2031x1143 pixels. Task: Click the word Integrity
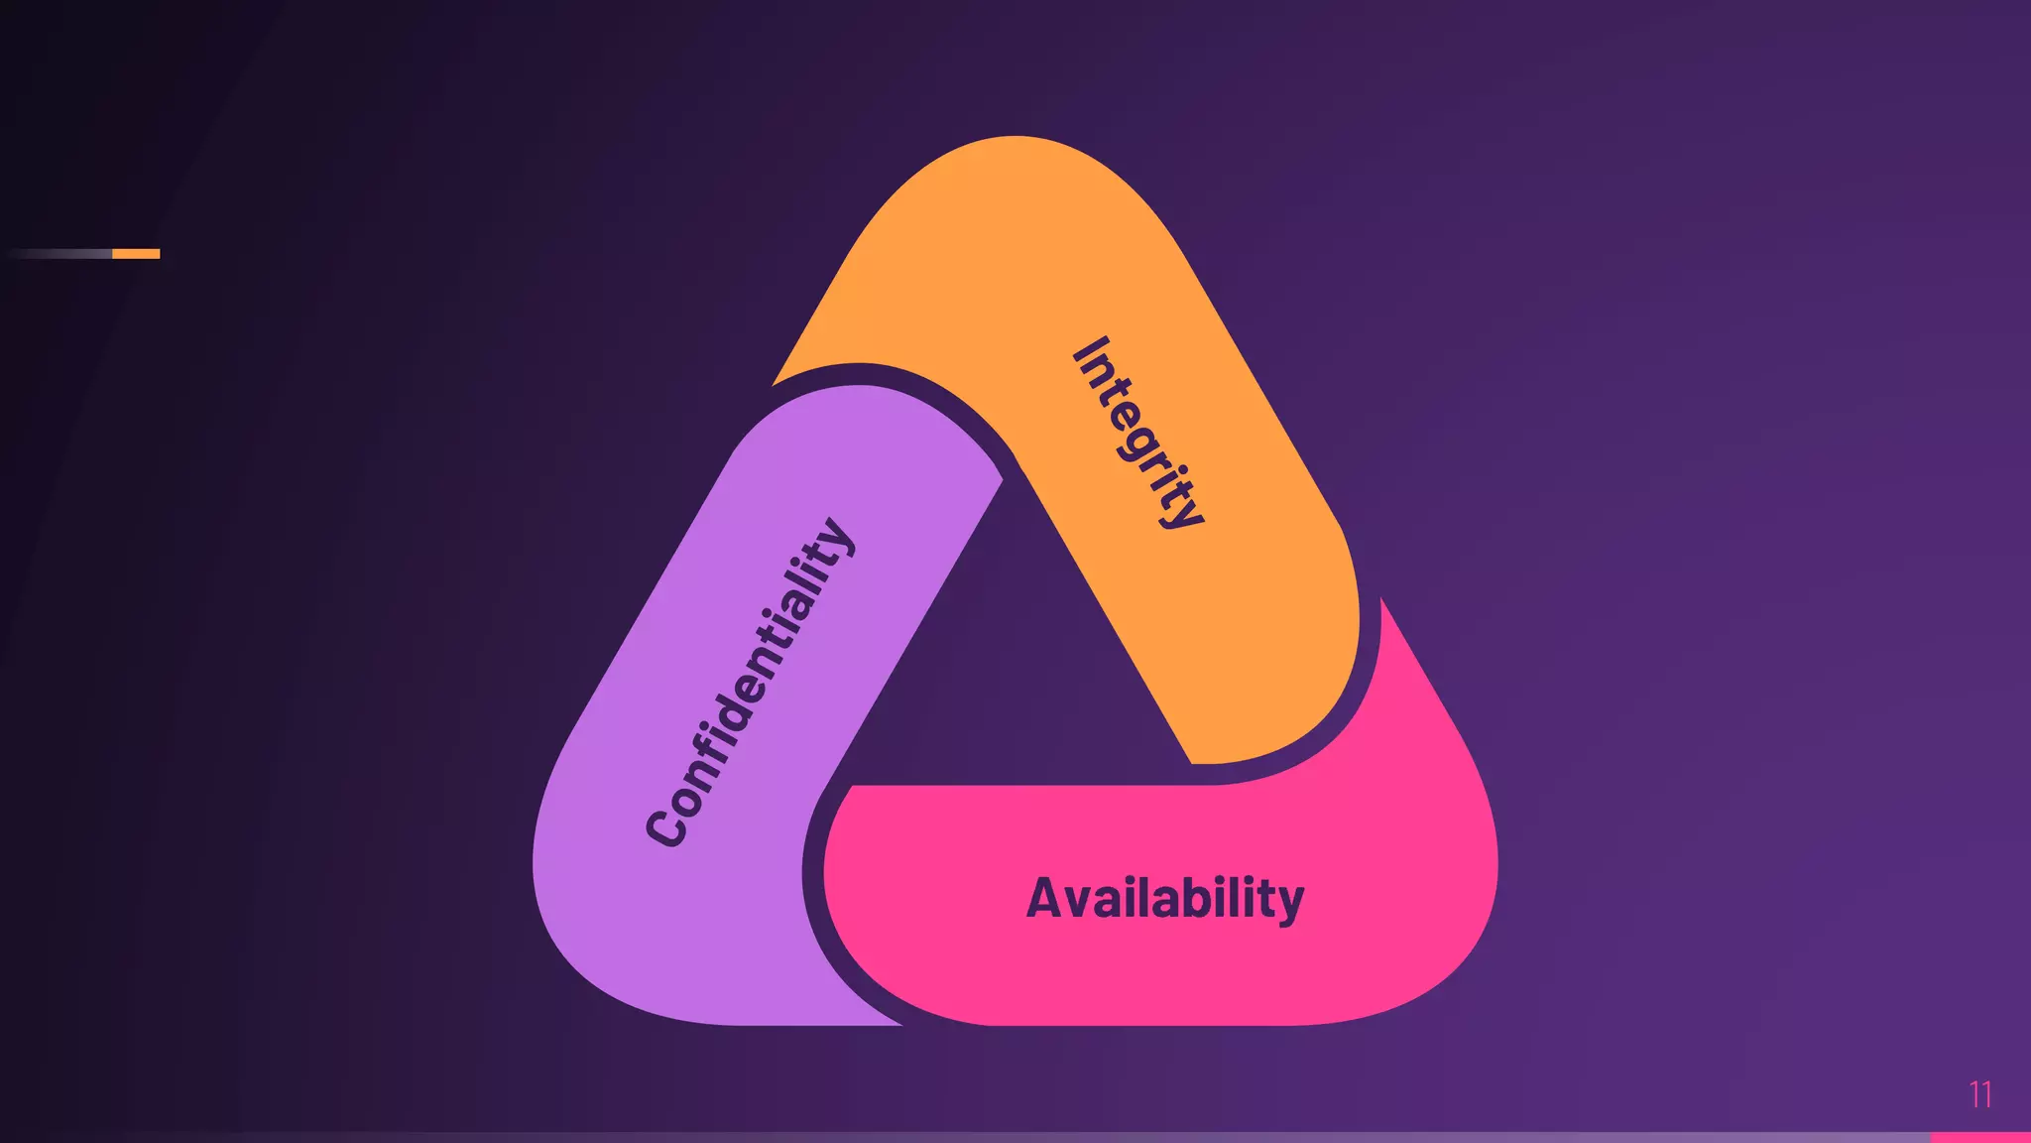(1138, 433)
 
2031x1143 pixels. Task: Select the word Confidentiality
(749, 684)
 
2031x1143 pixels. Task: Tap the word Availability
(1164, 899)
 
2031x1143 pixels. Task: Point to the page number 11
(1979, 1094)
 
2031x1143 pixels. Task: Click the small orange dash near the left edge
(136, 254)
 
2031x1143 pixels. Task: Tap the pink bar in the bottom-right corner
(1979, 1137)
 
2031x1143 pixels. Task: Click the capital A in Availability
(1045, 898)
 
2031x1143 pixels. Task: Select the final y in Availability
(1289, 904)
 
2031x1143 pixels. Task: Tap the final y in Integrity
(1186, 512)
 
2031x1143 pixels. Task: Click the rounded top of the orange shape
(1014, 159)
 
